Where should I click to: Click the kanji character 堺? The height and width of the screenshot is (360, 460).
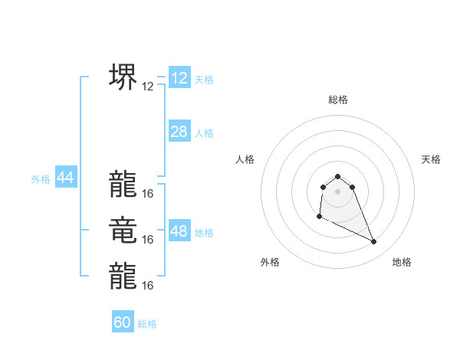[x=123, y=76]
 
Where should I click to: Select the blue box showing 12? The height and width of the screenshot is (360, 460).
[x=179, y=78]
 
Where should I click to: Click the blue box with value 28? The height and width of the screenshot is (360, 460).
[x=179, y=132]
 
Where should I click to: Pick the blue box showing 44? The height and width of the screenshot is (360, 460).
[x=65, y=178]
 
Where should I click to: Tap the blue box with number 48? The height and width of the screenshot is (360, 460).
[x=179, y=231]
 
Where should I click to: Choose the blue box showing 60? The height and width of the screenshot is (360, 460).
[x=123, y=322]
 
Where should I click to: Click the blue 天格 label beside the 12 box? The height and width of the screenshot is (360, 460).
[x=204, y=80]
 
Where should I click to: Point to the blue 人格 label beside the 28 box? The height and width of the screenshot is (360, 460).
[x=204, y=133]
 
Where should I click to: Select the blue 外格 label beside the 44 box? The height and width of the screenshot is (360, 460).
[x=41, y=179]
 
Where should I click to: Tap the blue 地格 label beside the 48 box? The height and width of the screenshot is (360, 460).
[x=204, y=233]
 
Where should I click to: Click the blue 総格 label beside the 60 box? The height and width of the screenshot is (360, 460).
[x=147, y=324]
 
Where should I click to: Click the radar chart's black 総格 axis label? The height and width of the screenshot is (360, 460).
[x=338, y=100]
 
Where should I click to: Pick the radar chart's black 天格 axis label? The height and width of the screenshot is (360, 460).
[x=431, y=159]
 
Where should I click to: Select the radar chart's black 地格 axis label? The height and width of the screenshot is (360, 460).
[x=402, y=262]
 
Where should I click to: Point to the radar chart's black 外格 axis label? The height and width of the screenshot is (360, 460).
[x=270, y=262]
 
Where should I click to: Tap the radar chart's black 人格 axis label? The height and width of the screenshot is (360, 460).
[x=245, y=159]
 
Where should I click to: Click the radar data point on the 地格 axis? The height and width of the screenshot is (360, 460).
[x=374, y=242]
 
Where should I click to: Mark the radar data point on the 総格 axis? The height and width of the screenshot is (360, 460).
[x=338, y=177]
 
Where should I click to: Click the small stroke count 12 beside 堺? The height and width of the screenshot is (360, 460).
[x=148, y=87]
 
